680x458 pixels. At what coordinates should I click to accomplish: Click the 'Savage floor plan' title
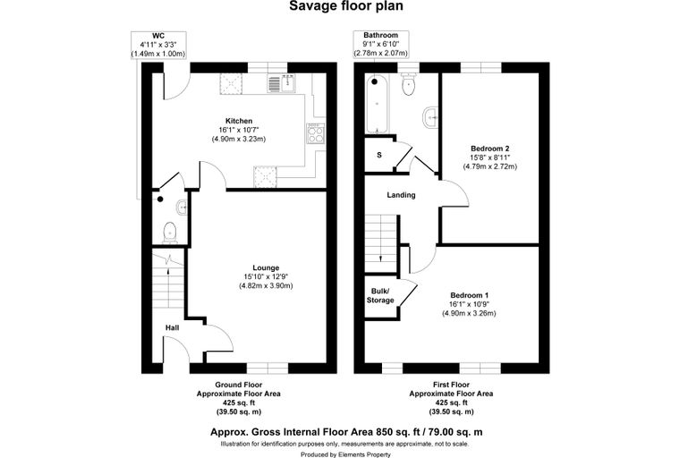pos(345,6)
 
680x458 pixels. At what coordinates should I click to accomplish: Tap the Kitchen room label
pos(239,121)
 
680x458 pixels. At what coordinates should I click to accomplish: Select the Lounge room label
pos(266,267)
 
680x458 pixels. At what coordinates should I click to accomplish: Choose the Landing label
pos(401,195)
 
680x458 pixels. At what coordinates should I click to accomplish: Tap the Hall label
pos(172,327)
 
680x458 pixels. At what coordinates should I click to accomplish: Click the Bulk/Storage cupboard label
pos(380,295)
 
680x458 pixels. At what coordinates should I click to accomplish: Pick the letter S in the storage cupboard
pos(379,155)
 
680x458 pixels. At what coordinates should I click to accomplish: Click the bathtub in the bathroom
pos(377,104)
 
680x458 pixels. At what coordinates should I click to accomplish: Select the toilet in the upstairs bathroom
pos(409,84)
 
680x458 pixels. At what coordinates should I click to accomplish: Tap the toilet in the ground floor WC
pos(169,233)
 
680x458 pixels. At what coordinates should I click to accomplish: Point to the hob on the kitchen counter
pos(315,133)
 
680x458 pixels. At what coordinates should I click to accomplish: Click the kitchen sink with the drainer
pos(282,83)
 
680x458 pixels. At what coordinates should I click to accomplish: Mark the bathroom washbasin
pos(429,117)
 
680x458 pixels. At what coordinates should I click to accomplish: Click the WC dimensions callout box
pos(158,45)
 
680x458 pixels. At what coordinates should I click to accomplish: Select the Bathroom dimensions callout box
pos(381,44)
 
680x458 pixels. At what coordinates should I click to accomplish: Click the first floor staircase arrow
pos(381,258)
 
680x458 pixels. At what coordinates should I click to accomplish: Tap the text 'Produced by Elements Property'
pos(345,454)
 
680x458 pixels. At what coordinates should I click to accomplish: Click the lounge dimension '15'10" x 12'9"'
pos(266,276)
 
